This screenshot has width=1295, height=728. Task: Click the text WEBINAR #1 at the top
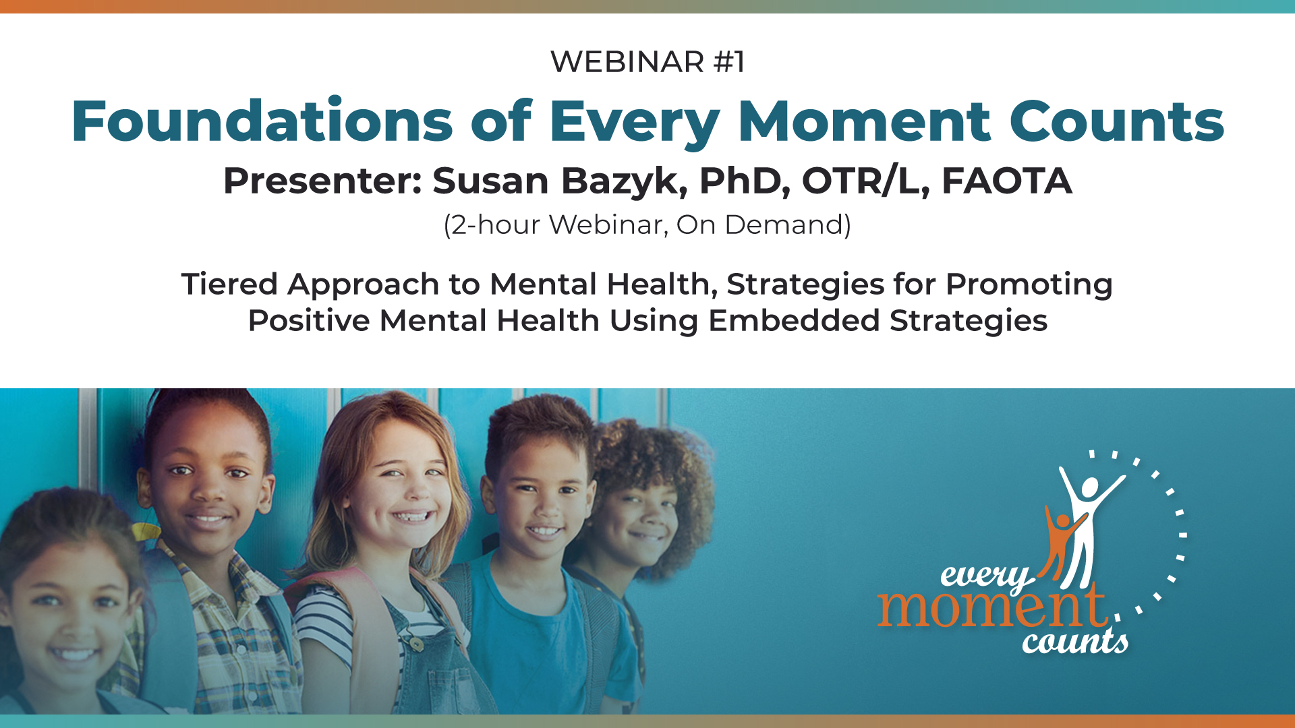[x=647, y=62]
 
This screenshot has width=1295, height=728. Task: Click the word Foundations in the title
[x=262, y=121]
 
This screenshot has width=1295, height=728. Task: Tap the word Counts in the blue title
[x=1116, y=121]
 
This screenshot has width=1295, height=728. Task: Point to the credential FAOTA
[x=1006, y=181]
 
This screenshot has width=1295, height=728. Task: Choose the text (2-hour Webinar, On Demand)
[x=647, y=225]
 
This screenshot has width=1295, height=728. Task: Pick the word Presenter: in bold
[x=322, y=181]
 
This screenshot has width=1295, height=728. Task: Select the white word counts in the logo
[x=1075, y=640]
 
